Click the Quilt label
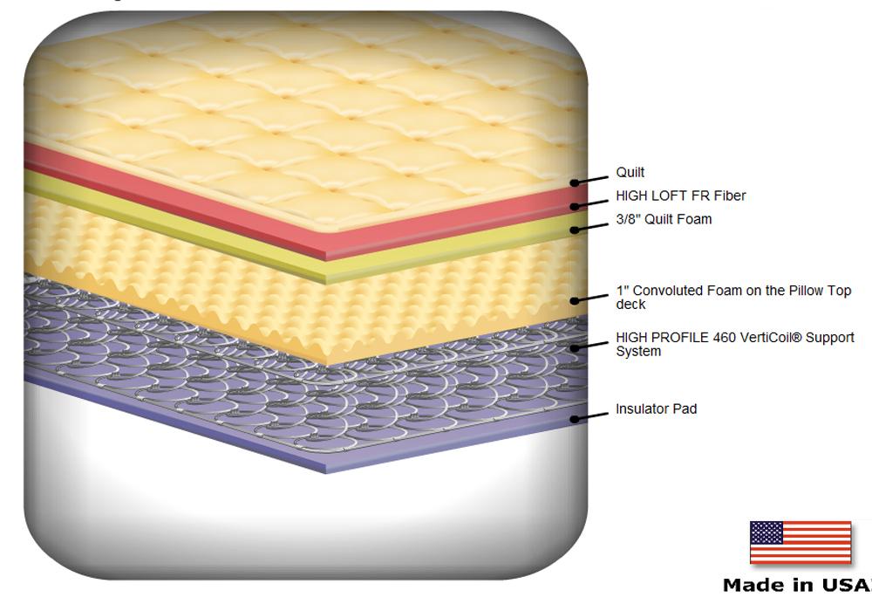(x=630, y=173)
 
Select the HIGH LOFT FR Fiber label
(x=681, y=196)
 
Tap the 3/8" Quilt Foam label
(x=664, y=219)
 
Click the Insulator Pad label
(x=657, y=409)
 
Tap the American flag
(x=800, y=543)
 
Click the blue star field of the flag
(x=766, y=532)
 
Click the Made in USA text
(x=797, y=585)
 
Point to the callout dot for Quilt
(x=575, y=182)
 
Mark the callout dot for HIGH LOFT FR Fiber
(x=575, y=207)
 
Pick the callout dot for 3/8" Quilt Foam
(x=575, y=230)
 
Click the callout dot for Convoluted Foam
(x=575, y=301)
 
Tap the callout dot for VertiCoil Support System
(x=575, y=348)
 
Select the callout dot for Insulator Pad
(x=575, y=419)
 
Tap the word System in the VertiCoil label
(x=638, y=352)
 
